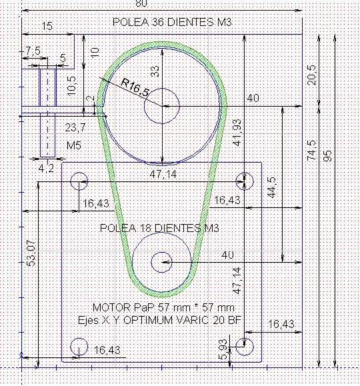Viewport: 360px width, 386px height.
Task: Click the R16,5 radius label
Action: pos(135,87)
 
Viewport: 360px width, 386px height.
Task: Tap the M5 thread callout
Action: pos(74,145)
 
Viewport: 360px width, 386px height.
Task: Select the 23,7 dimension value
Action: pos(75,127)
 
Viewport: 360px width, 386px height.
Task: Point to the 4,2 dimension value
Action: pos(46,168)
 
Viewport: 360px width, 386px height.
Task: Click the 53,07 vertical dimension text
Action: pos(31,253)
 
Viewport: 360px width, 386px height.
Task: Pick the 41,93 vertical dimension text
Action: pos(237,132)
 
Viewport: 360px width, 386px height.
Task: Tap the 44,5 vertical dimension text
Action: pos(272,187)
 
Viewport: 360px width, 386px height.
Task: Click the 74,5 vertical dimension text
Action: pos(311,150)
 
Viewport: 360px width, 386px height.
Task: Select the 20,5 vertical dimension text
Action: pos(312,75)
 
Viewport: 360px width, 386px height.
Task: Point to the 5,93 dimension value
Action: pos(223,349)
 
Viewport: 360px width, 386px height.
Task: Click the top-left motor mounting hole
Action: pos(79,181)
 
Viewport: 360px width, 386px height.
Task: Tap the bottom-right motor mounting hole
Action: pos(244,347)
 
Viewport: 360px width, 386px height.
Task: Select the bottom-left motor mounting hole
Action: pos(79,347)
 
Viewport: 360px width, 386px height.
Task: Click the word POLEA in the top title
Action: pos(131,22)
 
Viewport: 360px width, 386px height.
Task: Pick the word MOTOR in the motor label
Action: pos(112,307)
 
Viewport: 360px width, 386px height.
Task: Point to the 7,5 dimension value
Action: pos(33,51)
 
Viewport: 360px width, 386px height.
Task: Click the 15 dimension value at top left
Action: pos(47,26)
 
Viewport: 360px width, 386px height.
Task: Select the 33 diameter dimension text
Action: pos(155,71)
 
